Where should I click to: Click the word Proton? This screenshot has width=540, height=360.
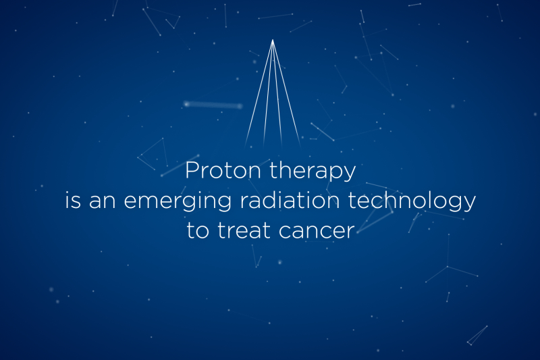click(x=223, y=170)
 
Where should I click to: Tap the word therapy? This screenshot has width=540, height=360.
click(x=313, y=171)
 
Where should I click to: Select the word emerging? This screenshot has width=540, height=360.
click(x=178, y=201)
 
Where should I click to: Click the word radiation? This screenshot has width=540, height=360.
click(x=290, y=200)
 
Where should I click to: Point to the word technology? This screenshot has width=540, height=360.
click(x=412, y=201)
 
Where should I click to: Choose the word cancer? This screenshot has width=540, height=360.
click(x=317, y=232)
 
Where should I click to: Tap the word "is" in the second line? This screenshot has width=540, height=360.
click(x=73, y=200)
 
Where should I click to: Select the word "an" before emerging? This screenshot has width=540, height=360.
click(x=103, y=201)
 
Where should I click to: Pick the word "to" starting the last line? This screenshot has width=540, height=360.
click(x=198, y=230)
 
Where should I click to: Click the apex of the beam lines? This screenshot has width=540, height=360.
click(x=273, y=40)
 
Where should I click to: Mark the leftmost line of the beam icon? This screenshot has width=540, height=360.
click(x=259, y=93)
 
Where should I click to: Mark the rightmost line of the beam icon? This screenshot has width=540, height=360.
click(x=286, y=93)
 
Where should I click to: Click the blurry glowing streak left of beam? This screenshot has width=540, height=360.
click(x=213, y=105)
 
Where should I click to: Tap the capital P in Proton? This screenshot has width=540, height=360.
click(x=192, y=170)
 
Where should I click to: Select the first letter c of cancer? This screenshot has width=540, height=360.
click(x=286, y=232)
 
